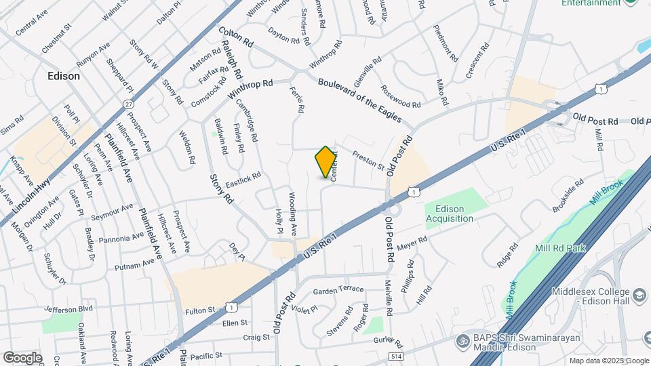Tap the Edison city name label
[x=64, y=76]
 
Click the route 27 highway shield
[x=128, y=104]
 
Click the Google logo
[x=22, y=357]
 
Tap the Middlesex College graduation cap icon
[x=639, y=296]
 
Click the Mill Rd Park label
[x=559, y=248]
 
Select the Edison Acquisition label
[x=450, y=213]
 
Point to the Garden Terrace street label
[x=338, y=290]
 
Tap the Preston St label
[x=368, y=163]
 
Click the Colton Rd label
[x=236, y=37]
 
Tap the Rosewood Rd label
[x=401, y=96]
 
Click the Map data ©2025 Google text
[x=609, y=361]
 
